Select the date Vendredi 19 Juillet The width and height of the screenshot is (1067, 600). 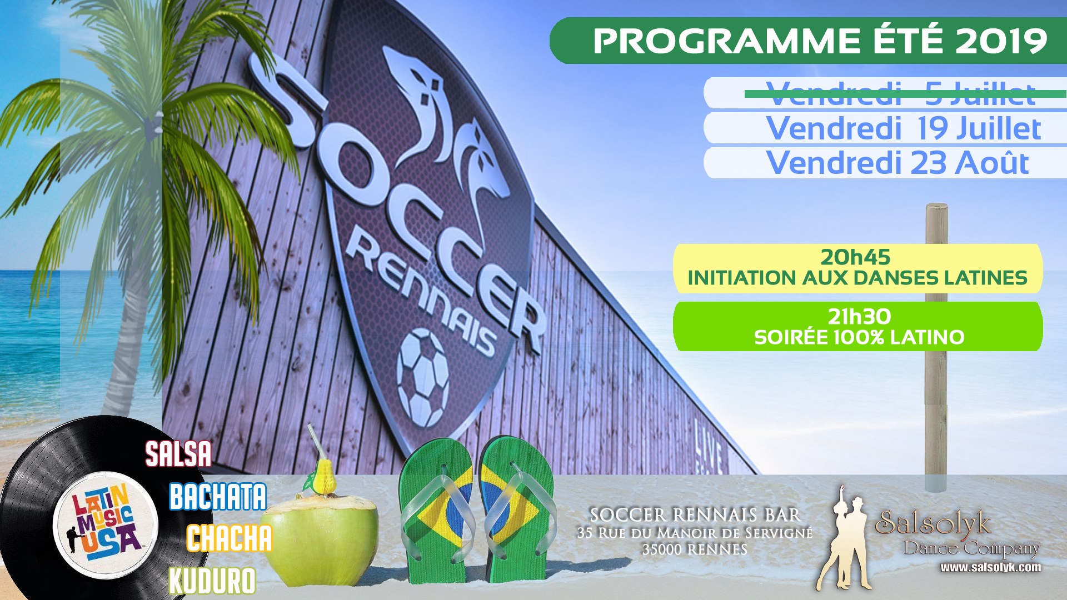pos(904,128)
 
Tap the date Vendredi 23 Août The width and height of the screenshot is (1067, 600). pos(898,163)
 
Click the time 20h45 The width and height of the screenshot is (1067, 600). pos(856,257)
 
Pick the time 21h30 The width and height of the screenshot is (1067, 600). pos(859,317)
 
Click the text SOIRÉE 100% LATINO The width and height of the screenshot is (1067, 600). pos(859,337)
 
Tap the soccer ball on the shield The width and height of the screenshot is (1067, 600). pos(423,377)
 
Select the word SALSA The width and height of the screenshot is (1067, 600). pos(178,454)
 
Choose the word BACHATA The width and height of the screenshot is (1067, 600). pos(218,496)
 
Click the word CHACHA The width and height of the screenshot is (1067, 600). pos(229,538)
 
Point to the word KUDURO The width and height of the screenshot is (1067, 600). pos(212,581)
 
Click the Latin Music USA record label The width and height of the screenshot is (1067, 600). pos(106,526)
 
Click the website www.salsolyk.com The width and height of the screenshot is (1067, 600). pos(990,567)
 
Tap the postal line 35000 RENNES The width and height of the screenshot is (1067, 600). pos(695,549)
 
